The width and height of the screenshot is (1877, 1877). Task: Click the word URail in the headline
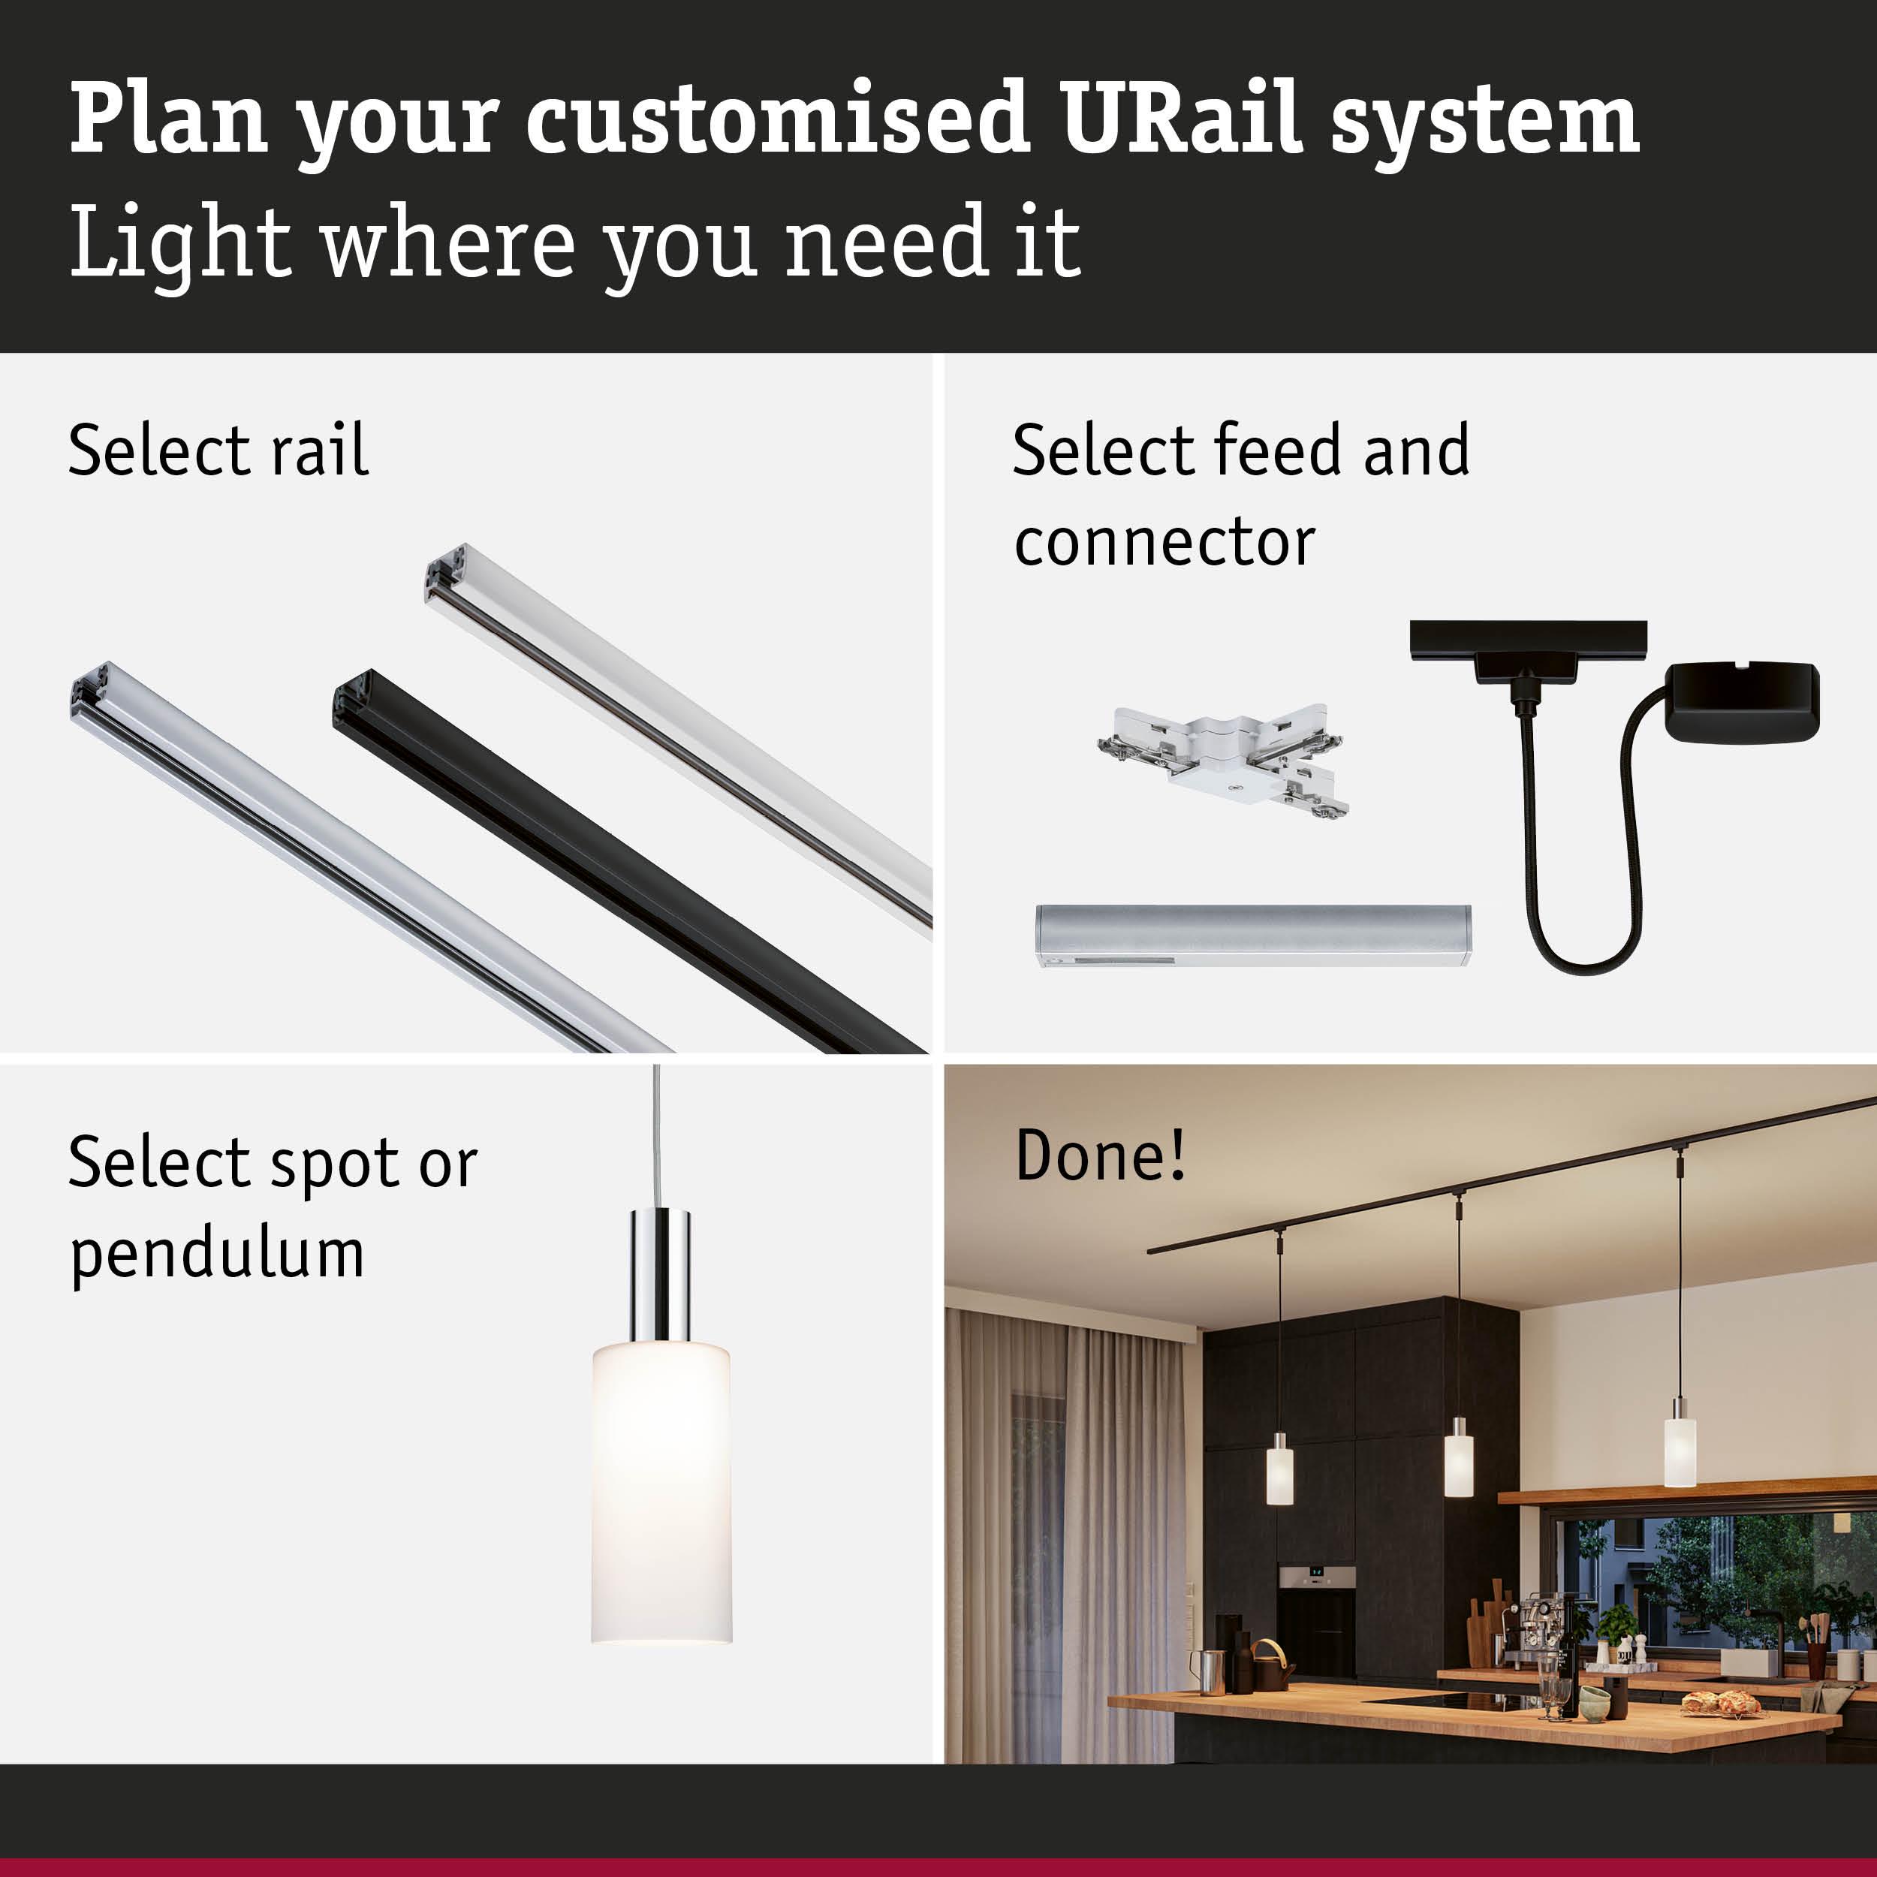tap(1180, 119)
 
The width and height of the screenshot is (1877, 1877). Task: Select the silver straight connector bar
tap(1252, 935)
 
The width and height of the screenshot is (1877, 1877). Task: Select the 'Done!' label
tap(1100, 1156)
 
